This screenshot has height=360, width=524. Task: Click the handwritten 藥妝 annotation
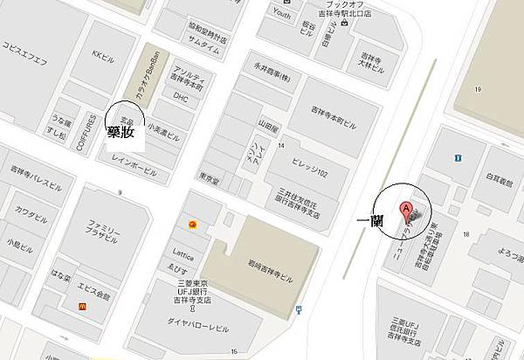point(121,133)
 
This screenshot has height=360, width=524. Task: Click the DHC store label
point(181,98)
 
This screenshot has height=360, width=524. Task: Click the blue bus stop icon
point(300,308)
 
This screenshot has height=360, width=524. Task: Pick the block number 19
point(479,89)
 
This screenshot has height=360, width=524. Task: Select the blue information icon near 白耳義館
point(457,157)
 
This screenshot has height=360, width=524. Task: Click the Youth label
point(282,13)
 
